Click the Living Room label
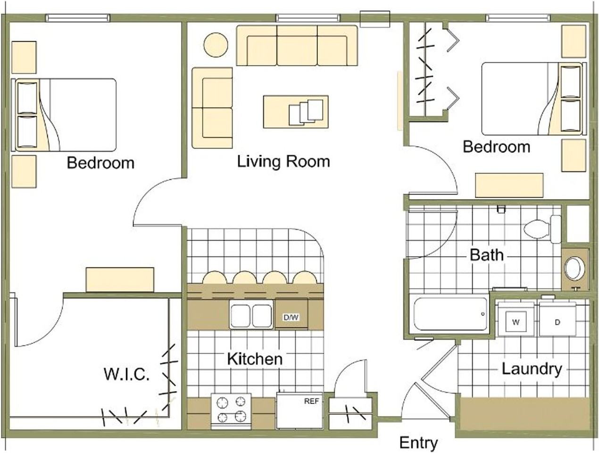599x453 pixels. (x=283, y=161)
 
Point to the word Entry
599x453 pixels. (x=418, y=443)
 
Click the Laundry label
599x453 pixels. (x=532, y=369)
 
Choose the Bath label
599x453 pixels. (x=487, y=255)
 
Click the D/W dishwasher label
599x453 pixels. (x=291, y=318)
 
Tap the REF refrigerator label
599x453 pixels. (x=311, y=401)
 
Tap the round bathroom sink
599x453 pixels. (x=574, y=268)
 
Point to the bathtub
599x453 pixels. (x=450, y=314)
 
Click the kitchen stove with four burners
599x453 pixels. (x=231, y=411)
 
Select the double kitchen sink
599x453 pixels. (x=251, y=315)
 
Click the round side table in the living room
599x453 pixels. (x=216, y=45)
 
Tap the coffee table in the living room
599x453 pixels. (x=296, y=112)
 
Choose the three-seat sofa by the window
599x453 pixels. (x=297, y=46)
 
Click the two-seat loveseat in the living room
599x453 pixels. (x=212, y=108)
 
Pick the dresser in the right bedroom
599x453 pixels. (x=509, y=185)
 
